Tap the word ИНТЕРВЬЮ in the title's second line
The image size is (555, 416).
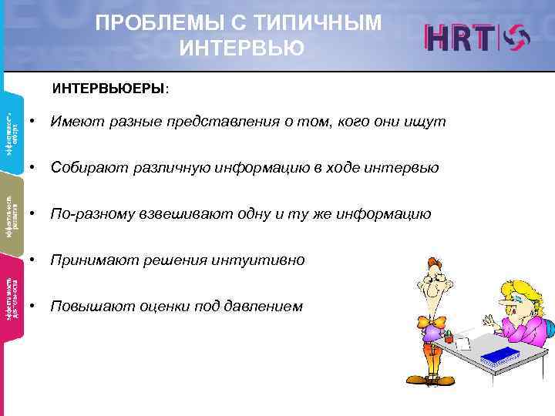[x=241, y=49]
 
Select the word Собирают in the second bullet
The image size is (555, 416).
[x=82, y=168]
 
